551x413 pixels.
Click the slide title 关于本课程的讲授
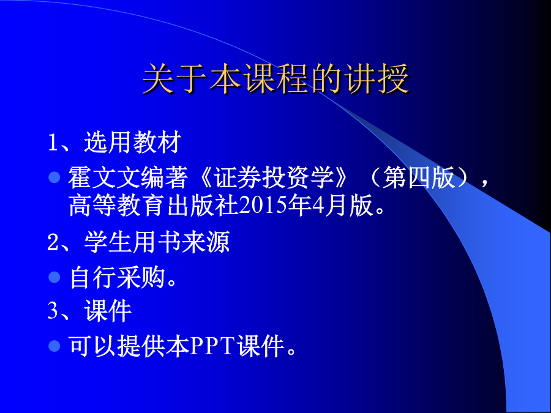[276, 79]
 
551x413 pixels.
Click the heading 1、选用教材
[114, 142]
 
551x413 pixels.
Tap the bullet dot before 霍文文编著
[54, 177]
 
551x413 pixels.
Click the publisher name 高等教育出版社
[154, 206]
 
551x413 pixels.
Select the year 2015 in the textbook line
[263, 206]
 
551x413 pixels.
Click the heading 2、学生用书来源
[139, 242]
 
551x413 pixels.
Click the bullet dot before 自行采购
[54, 277]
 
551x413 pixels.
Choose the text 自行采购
[117, 277]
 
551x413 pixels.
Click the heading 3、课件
[89, 311]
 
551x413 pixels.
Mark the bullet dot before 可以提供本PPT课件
[54, 346]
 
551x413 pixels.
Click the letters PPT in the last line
[212, 346]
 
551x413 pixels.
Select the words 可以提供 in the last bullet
[117, 346]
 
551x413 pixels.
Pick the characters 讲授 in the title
[377, 79]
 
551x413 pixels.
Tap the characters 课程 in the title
[276, 79]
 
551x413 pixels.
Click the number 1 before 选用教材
[53, 143]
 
